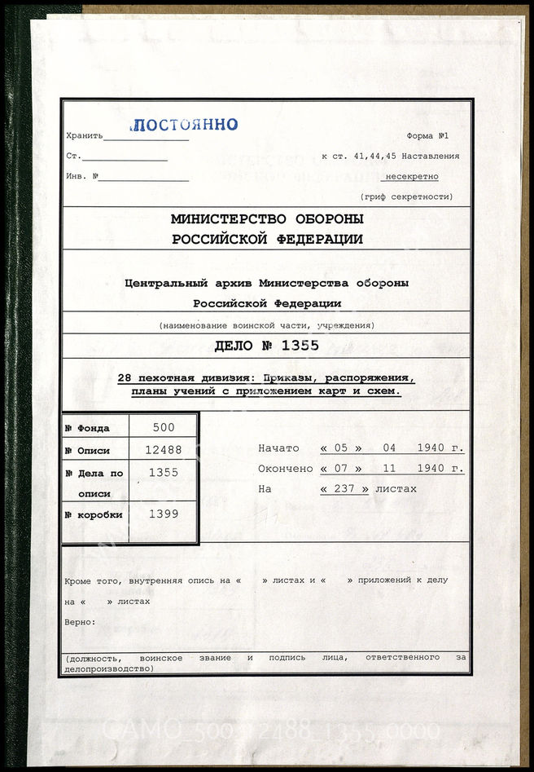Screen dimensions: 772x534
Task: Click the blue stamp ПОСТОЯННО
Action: click(x=185, y=125)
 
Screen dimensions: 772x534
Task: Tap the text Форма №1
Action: click(x=432, y=136)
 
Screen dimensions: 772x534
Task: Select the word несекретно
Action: click(x=411, y=176)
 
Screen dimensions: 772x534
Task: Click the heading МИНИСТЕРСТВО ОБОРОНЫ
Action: click(x=267, y=220)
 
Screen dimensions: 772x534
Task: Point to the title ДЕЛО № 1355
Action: click(x=267, y=345)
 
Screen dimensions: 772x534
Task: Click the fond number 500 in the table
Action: click(x=164, y=428)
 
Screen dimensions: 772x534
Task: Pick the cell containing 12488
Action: click(x=164, y=450)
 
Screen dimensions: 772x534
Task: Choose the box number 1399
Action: click(x=164, y=514)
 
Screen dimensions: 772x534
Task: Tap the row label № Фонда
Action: click(x=93, y=428)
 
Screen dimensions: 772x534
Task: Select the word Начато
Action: click(x=278, y=448)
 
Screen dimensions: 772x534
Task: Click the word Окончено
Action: click(x=284, y=469)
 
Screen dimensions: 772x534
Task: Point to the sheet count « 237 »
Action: click(x=345, y=488)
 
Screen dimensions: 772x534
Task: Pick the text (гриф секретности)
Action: click(x=406, y=196)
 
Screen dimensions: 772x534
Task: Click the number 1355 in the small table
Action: click(x=164, y=472)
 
